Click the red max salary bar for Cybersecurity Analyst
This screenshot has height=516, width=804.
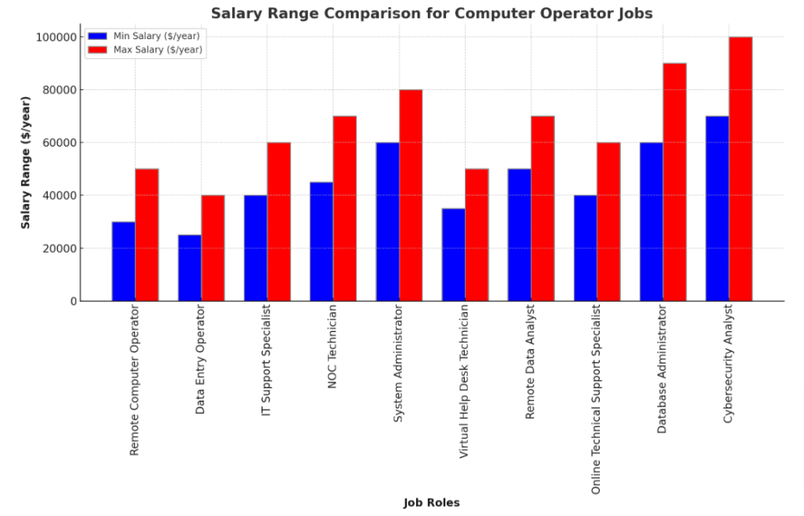click(x=740, y=169)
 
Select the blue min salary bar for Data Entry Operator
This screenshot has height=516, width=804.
click(x=190, y=267)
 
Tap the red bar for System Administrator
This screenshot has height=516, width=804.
click(x=411, y=195)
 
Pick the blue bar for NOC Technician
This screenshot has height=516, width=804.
click(x=322, y=242)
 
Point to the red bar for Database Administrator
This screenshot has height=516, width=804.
click(x=674, y=182)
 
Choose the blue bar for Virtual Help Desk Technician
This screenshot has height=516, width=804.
click(x=454, y=255)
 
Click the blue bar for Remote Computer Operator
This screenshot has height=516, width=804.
click(x=123, y=261)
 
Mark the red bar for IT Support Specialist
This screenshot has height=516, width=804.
click(x=279, y=222)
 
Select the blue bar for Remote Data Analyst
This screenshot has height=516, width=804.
click(x=520, y=234)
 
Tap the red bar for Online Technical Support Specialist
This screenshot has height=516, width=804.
click(x=608, y=222)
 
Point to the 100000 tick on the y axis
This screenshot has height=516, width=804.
click(x=57, y=37)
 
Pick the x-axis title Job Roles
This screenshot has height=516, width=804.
click(x=432, y=503)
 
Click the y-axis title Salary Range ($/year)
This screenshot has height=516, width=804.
click(x=26, y=162)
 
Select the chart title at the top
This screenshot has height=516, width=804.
click(x=431, y=13)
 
